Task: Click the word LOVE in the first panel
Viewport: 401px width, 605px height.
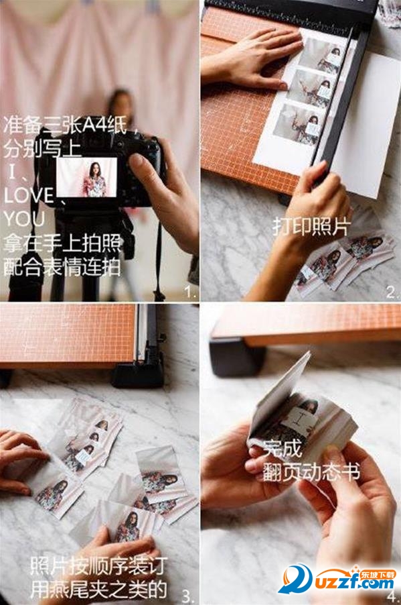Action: (29, 195)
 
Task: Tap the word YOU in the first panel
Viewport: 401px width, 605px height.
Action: (24, 219)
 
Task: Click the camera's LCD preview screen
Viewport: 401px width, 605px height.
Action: (86, 177)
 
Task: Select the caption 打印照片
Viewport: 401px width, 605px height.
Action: (311, 227)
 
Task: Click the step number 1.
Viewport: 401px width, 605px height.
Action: (191, 291)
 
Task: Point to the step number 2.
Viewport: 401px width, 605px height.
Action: (392, 292)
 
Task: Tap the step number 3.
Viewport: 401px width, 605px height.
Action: (189, 596)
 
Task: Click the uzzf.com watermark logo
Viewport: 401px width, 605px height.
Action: (337, 579)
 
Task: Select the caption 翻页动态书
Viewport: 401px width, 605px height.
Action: (311, 472)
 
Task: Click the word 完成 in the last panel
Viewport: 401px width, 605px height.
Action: (283, 448)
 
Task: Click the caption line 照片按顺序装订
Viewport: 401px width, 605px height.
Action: (98, 566)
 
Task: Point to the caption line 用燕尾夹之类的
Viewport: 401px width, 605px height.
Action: (98, 589)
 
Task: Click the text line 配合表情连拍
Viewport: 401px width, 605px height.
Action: (62, 267)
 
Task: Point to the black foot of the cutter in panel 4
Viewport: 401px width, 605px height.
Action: (236, 357)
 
